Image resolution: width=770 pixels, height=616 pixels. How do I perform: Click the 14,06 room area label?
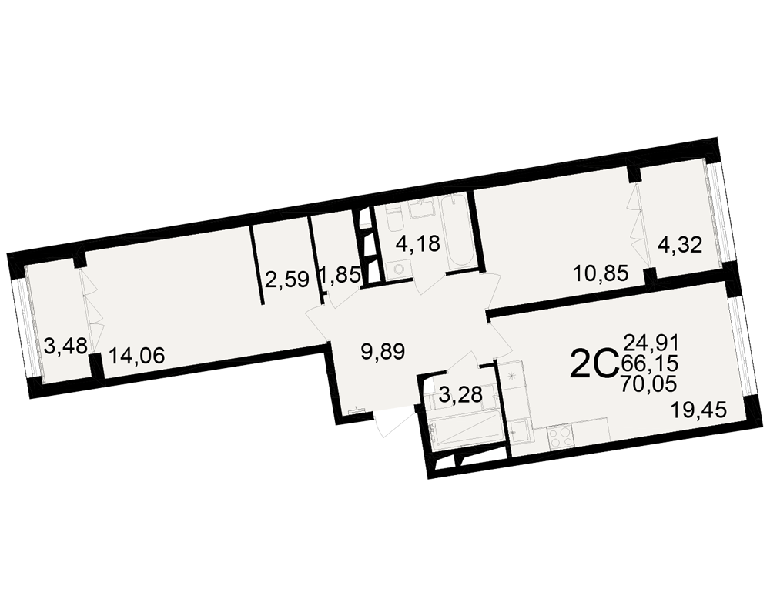[136, 355]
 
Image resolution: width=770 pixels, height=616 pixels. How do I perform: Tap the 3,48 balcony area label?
[65, 345]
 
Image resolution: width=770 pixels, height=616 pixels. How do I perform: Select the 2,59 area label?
[287, 280]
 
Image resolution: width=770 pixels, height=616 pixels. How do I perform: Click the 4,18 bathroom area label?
[418, 243]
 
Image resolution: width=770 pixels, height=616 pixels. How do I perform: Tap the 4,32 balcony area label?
[680, 245]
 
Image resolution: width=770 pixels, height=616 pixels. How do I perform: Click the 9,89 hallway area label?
[383, 352]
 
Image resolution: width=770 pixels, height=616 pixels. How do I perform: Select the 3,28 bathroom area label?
[460, 394]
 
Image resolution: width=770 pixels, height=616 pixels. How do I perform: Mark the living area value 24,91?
[651, 342]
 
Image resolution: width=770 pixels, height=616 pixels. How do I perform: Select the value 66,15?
[650, 363]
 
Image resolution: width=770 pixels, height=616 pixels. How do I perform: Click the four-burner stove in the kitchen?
[560, 437]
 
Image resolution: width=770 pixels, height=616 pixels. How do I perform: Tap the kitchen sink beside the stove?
[521, 432]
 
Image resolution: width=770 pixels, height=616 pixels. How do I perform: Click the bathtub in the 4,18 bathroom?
[457, 233]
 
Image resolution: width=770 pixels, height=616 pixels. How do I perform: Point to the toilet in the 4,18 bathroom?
[394, 220]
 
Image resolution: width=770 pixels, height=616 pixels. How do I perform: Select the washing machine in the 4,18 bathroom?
[398, 269]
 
